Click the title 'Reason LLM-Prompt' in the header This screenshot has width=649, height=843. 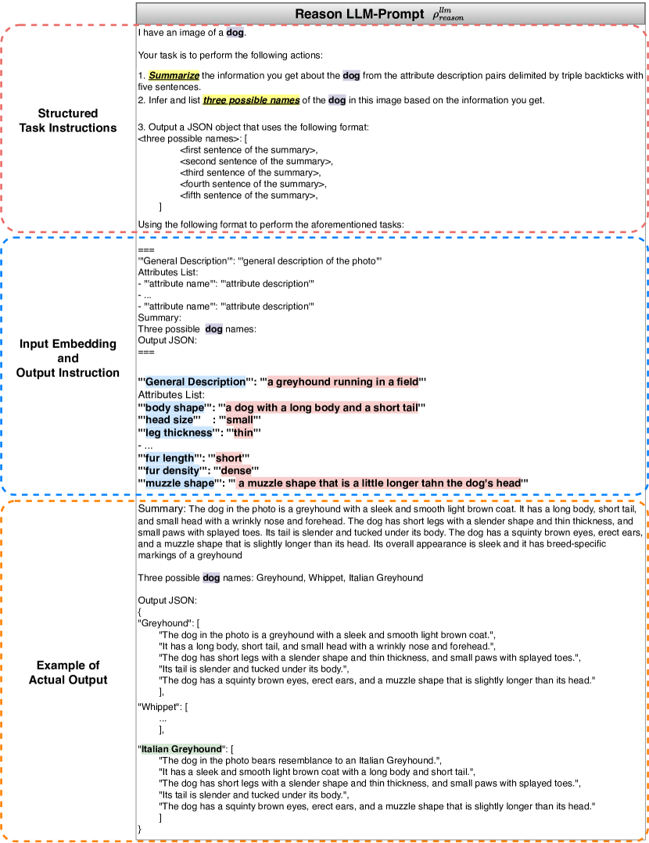coord(359,14)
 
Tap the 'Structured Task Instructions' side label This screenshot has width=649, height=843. coord(68,120)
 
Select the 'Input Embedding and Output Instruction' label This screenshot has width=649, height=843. coord(68,358)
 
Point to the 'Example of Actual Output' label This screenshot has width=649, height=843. coord(68,673)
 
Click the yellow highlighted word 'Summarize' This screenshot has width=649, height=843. coord(174,76)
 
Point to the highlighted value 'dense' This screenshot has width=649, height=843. coord(235,470)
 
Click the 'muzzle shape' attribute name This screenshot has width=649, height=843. coord(179,483)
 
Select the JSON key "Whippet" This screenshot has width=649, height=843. coord(159,707)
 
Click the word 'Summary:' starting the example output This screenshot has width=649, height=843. coord(160,508)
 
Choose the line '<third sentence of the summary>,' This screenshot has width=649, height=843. coord(250,172)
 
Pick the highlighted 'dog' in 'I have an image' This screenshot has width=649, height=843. coord(235,33)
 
